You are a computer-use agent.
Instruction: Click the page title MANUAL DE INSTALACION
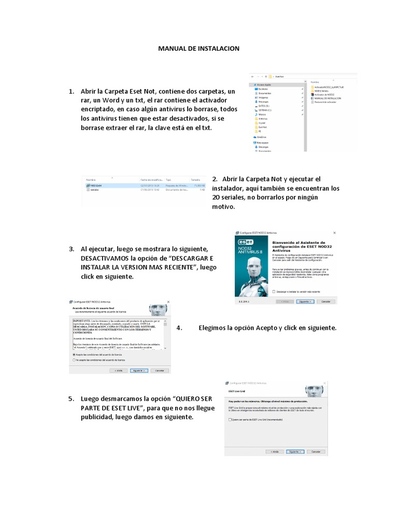coord(198,48)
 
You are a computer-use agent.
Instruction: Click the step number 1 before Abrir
coord(72,91)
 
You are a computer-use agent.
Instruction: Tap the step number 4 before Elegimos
coord(179,328)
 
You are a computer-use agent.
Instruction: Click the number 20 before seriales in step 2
coord(217,197)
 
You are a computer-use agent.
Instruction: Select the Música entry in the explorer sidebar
coord(262,114)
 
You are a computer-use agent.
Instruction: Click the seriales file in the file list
coord(94,189)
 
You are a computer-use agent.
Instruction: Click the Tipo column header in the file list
coord(168,179)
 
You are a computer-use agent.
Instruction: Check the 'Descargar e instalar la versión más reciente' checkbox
coord(274,291)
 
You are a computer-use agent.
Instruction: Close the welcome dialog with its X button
coord(334,233)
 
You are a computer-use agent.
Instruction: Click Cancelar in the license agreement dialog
coord(160,371)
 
